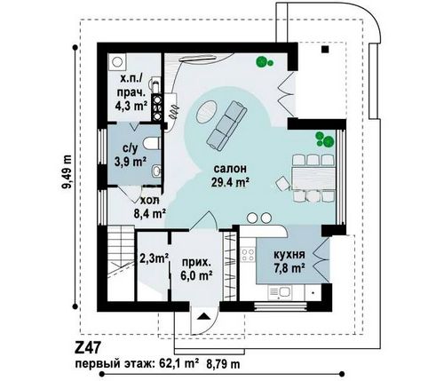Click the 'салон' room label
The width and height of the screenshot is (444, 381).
(x=230, y=169)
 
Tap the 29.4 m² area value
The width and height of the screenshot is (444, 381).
(x=230, y=182)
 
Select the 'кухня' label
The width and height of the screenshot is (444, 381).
(x=289, y=254)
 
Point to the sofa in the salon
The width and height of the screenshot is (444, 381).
(x=226, y=124)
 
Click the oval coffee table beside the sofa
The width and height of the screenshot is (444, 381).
(x=207, y=111)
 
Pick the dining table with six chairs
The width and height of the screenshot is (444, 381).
(x=313, y=179)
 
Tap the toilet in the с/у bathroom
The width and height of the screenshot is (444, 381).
(x=152, y=143)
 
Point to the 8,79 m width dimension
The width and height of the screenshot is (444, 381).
(x=223, y=364)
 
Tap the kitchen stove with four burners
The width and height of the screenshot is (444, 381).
(x=248, y=255)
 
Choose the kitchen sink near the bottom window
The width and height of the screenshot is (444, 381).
(x=279, y=292)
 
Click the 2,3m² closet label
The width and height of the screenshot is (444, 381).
(x=154, y=258)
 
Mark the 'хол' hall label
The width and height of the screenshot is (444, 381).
(x=149, y=201)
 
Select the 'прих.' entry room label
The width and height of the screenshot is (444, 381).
(x=196, y=263)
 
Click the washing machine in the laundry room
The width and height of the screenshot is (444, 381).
(x=117, y=62)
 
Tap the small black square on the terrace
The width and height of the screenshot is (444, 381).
(x=325, y=50)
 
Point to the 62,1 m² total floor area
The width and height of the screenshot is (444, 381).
(x=177, y=364)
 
